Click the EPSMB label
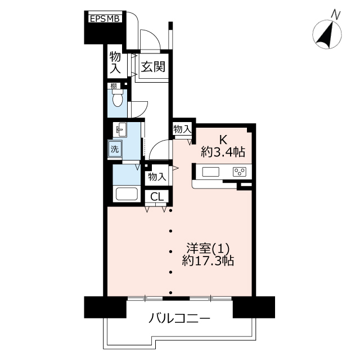[x=105, y=19]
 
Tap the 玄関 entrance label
[x=153, y=67]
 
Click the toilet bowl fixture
[x=118, y=98]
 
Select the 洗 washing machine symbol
[x=115, y=148]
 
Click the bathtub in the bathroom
[x=127, y=194]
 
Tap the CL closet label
[x=157, y=196]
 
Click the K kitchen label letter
[x=223, y=139]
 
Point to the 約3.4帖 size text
[x=223, y=152]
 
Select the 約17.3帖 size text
[x=208, y=260]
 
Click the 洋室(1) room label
[x=208, y=248]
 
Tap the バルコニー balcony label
[x=179, y=318]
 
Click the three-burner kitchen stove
[x=240, y=172]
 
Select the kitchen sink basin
[x=210, y=172]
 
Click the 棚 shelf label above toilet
[x=114, y=86]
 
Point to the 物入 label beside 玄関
[x=115, y=62]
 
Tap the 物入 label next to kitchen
[x=182, y=129]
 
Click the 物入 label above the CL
[x=157, y=177]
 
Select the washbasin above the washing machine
[x=120, y=129]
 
